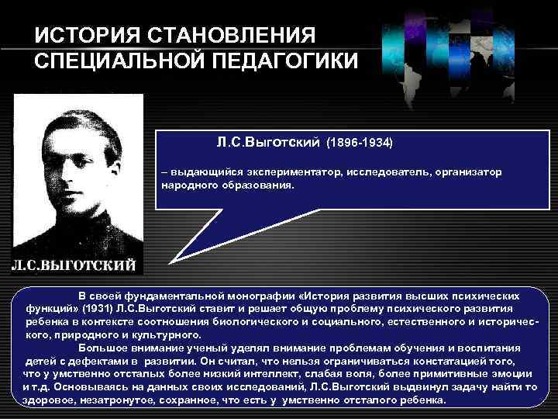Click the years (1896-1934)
click(360, 144)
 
